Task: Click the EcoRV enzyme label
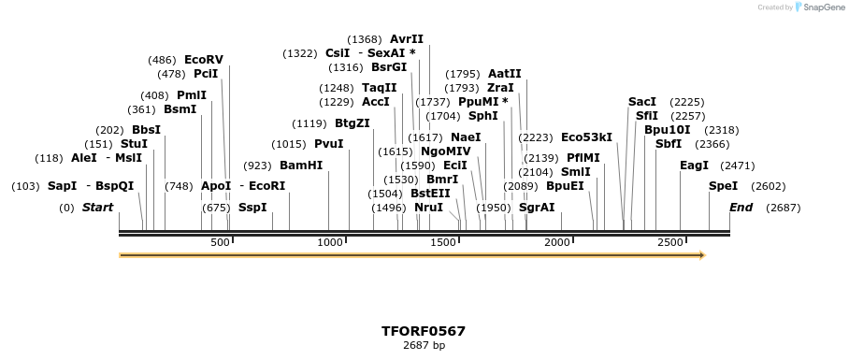pos(204,60)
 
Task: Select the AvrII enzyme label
pos(407,39)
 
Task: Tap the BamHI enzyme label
pos(301,166)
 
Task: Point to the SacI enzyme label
pos(642,102)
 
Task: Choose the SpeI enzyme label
pos(723,186)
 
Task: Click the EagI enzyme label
pos(695,166)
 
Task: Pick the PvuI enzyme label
pos(329,144)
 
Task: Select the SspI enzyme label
pos(252,208)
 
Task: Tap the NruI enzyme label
pos(428,208)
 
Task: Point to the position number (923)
pos(257,166)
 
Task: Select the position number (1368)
pos(365,39)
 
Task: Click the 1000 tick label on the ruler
pos(330,243)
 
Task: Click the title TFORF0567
pos(424,331)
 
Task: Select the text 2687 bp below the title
pos(424,346)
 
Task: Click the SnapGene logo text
pos(822,7)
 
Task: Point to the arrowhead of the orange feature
pos(701,255)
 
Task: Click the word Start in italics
pos(97,208)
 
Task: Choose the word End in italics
pos(741,208)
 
